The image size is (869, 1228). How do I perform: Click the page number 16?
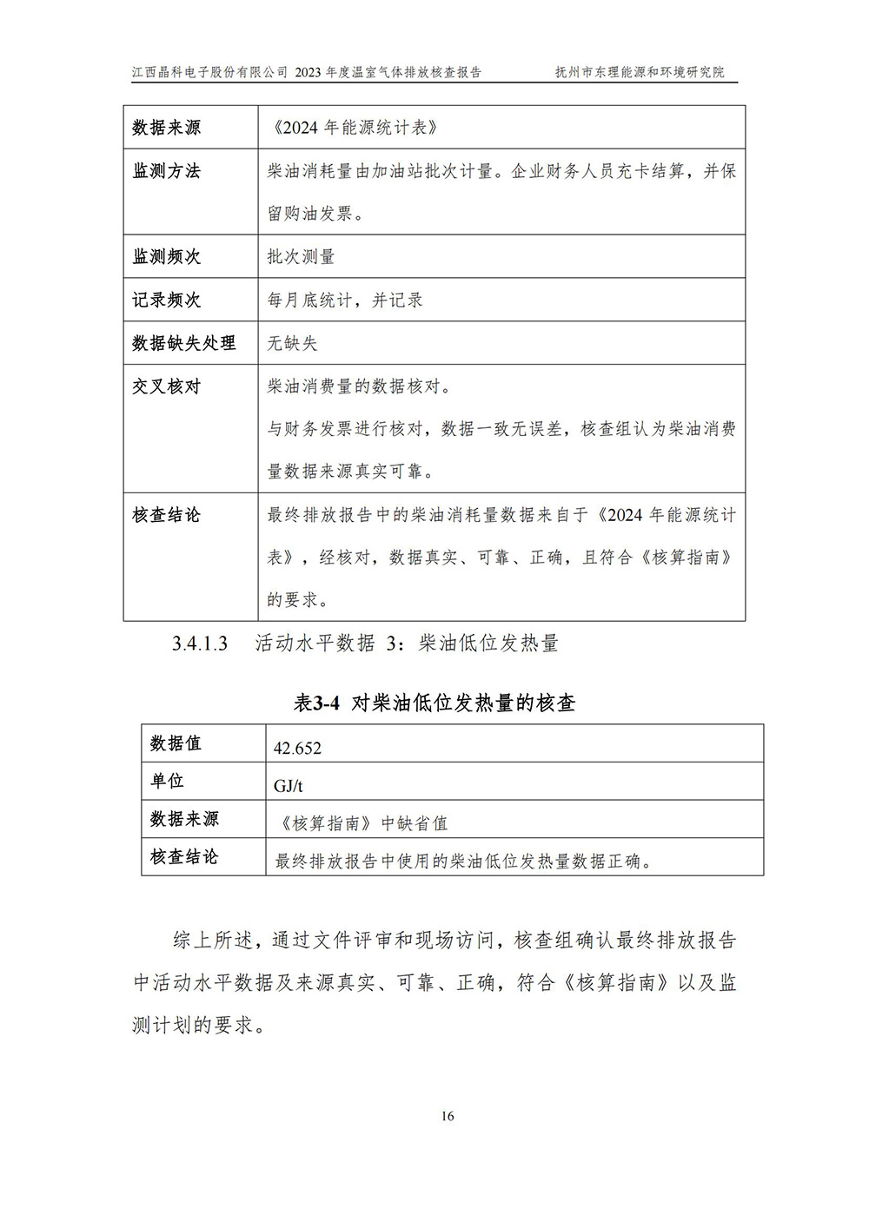click(448, 1116)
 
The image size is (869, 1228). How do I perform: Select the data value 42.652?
click(297, 748)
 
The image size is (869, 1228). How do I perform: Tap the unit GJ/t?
click(288, 786)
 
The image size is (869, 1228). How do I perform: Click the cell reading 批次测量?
click(301, 257)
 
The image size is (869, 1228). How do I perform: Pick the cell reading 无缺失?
click(292, 343)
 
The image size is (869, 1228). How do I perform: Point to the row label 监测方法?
click(166, 171)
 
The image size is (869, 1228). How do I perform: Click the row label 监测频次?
click(166, 257)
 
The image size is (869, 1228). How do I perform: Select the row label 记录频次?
click(166, 300)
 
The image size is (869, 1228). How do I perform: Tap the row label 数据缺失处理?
click(183, 343)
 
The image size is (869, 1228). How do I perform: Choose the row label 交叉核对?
click(166, 386)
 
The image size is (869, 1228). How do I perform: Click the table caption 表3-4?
click(315, 703)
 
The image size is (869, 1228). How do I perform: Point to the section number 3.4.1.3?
click(200, 644)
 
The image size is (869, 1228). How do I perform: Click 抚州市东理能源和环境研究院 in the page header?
click(640, 72)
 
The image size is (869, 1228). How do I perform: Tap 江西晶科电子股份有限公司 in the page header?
click(209, 72)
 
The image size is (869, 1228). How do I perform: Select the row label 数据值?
click(176, 743)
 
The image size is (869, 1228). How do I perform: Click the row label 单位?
click(167, 781)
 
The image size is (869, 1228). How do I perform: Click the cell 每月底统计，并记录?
click(345, 300)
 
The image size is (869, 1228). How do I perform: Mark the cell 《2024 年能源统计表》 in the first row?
click(354, 128)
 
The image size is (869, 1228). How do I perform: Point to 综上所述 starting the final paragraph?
click(213, 941)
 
